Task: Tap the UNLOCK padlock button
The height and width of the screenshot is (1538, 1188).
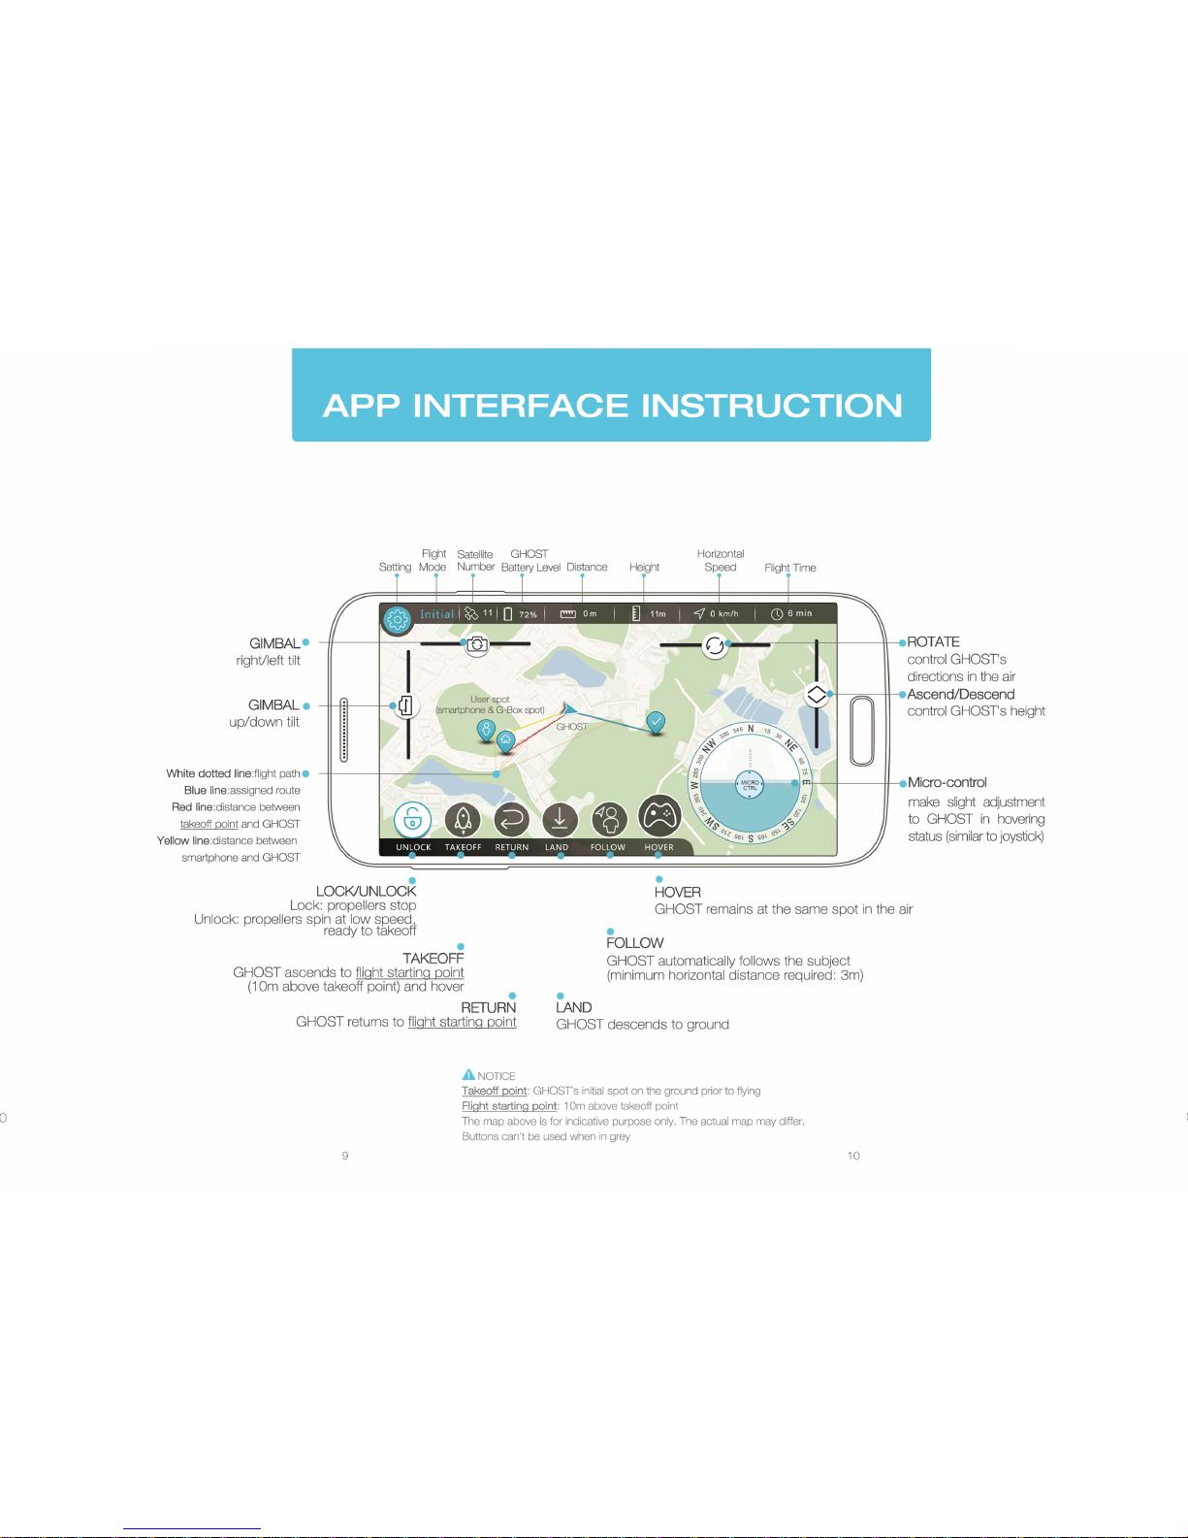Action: pos(413,820)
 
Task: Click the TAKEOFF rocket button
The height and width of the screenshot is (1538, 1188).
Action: pos(463,820)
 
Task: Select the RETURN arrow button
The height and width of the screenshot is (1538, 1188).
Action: pos(512,820)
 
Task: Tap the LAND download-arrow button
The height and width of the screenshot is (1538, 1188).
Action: pos(560,820)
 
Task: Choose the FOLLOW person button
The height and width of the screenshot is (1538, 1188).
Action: pos(609,820)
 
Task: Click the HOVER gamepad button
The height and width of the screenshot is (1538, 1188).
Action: pos(659,817)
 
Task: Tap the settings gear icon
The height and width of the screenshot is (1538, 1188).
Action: pos(398,620)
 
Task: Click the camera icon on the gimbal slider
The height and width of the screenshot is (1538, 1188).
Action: pos(476,644)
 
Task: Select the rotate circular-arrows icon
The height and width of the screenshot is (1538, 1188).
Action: pos(715,645)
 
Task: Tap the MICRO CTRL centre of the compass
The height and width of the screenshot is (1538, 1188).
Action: pos(750,785)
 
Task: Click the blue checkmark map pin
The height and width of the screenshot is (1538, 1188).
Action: pos(657,722)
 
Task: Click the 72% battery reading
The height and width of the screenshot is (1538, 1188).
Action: pos(528,614)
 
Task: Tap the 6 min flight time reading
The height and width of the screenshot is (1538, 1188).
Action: pos(799,613)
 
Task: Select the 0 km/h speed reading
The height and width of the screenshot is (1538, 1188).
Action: pos(723,613)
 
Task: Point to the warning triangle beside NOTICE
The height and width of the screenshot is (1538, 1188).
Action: pos(468,1075)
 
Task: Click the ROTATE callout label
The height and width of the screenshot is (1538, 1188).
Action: pos(933,642)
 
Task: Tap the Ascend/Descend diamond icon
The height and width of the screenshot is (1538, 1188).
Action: pos(817,695)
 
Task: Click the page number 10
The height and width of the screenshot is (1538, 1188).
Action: pos(853,1156)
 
